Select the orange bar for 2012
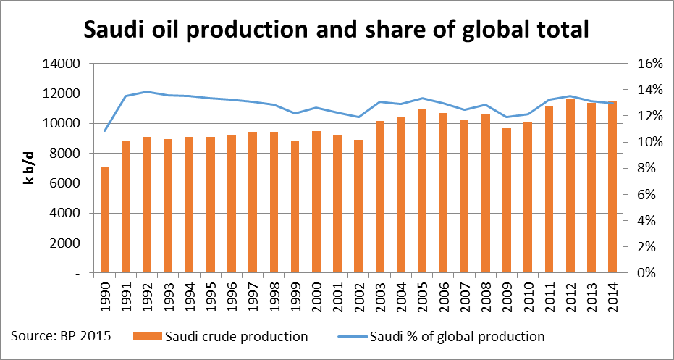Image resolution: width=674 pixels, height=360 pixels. point(570,187)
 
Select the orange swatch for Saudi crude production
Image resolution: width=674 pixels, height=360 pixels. point(147,337)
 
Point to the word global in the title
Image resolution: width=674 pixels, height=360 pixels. point(479,30)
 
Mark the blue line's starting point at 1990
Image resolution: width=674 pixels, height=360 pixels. point(105,131)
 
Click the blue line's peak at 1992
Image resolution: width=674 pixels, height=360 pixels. point(147,92)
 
